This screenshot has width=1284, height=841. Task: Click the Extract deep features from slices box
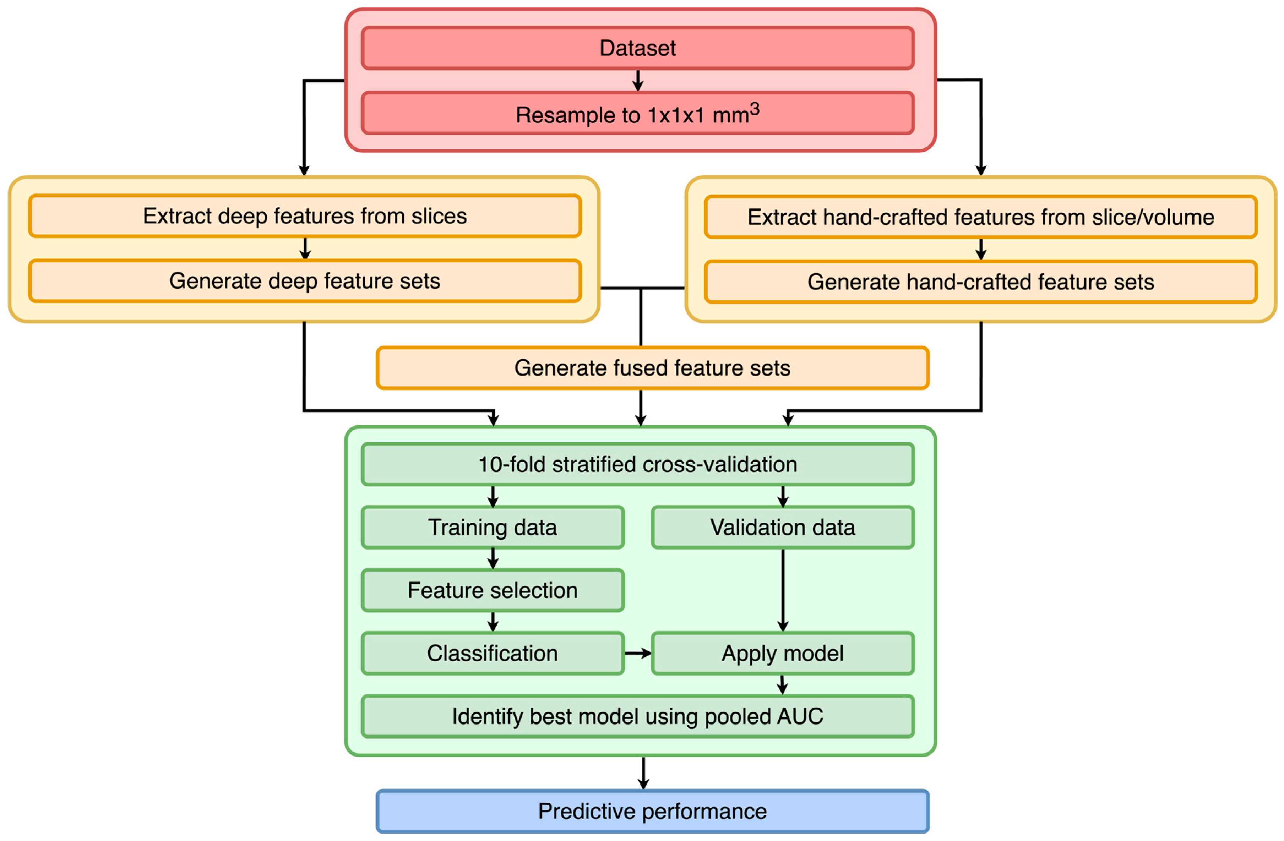point(305,216)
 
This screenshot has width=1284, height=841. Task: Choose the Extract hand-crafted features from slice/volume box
point(980,217)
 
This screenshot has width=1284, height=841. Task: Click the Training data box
point(493,528)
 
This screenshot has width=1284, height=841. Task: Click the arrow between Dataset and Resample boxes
point(638,80)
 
